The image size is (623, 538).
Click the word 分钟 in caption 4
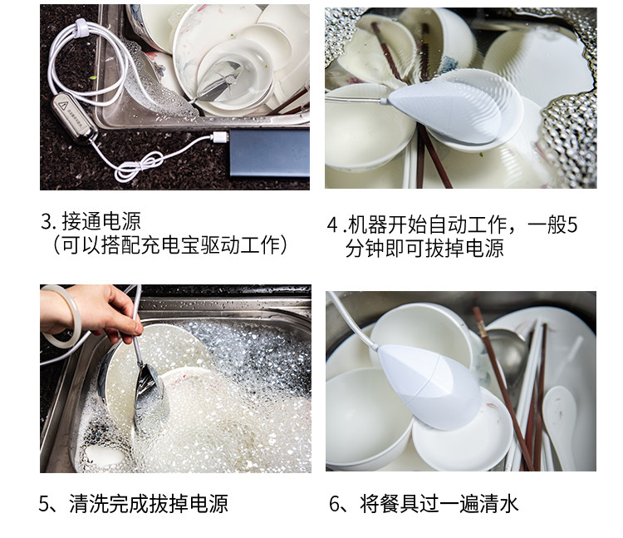[x=367, y=248]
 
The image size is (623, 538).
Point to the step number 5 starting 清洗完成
[x=47, y=503]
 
